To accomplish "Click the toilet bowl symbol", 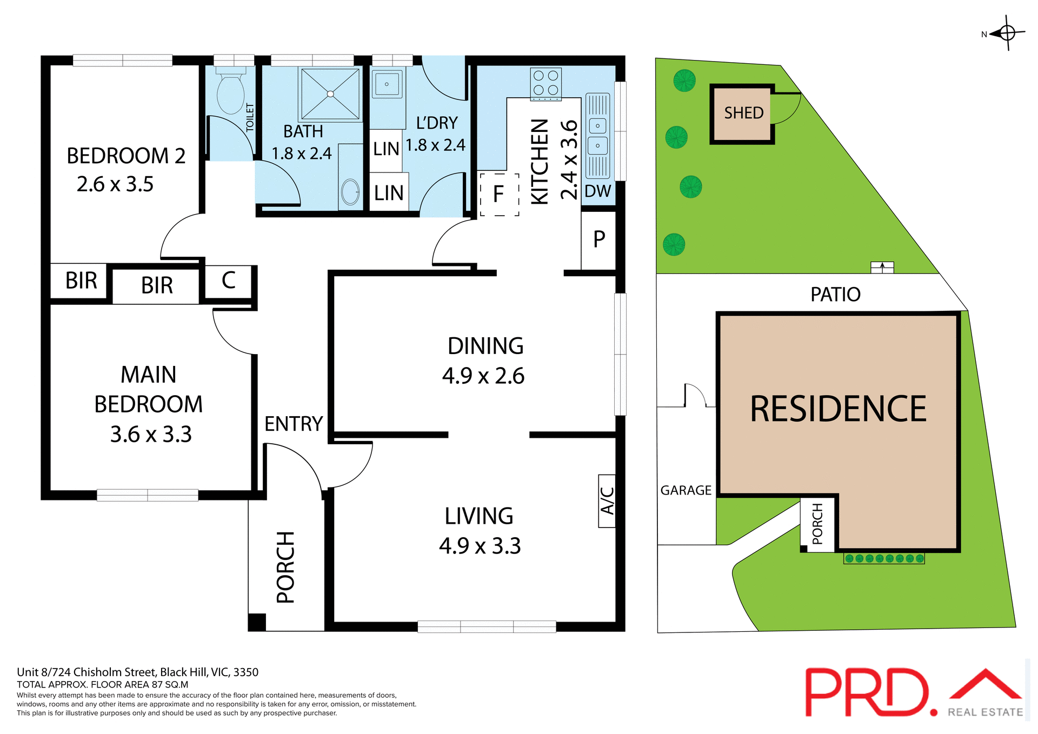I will [231, 94].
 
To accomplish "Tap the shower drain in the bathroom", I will [330, 94].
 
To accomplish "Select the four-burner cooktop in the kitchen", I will [545, 83].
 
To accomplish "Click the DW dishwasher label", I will [597, 191].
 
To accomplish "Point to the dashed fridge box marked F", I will [499, 194].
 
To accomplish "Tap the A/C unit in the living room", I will [607, 501].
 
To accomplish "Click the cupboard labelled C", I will [228, 281].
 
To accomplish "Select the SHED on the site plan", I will [743, 114].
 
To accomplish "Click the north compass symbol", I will [1007, 33].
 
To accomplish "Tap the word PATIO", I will [835, 295].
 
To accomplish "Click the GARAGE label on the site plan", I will [686, 490].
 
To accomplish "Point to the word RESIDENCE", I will [838, 409].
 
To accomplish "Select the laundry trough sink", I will [387, 84].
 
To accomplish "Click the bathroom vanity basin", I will [350, 191].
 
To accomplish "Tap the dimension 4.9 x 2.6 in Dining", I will [483, 376].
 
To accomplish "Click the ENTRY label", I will [294, 424].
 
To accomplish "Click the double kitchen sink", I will [597, 136].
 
